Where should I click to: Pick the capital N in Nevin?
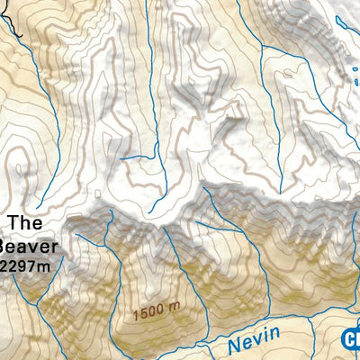point(233,344)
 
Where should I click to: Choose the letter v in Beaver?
point(35,245)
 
